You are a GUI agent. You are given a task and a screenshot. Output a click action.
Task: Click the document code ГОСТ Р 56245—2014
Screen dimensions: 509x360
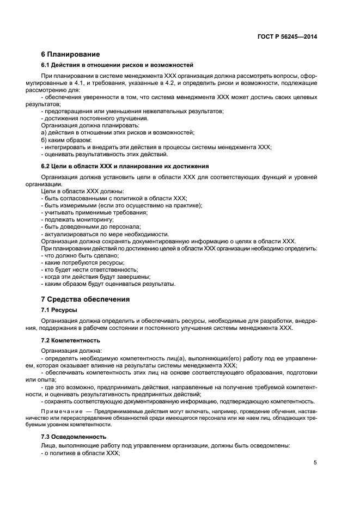coord(288,37)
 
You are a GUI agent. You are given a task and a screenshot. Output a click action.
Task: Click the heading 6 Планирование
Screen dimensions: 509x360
coord(71,54)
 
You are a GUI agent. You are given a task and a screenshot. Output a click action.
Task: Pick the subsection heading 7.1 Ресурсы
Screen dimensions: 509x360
coord(59,310)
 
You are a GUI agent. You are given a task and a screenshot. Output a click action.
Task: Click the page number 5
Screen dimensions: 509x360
coord(315,463)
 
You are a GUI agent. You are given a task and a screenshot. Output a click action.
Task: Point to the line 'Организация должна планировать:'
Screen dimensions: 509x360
coord(87,125)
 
